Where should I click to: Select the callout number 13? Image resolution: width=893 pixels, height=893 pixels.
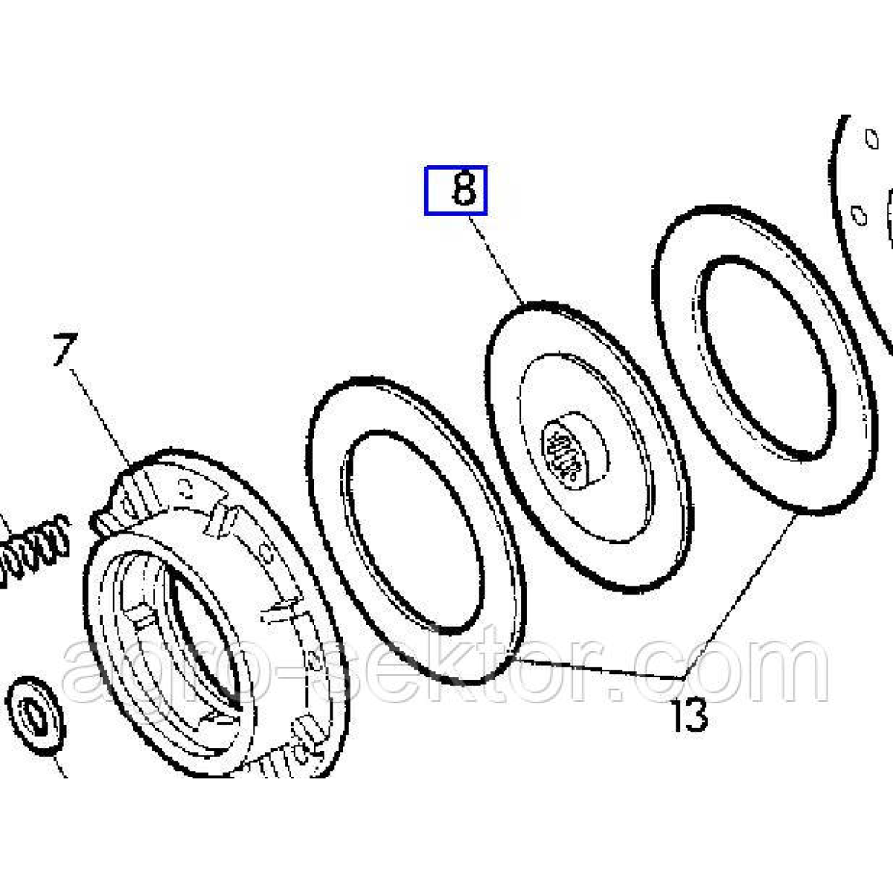(689, 715)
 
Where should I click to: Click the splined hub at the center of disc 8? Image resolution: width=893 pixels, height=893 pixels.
(574, 449)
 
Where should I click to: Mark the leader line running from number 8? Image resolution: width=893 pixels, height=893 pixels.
(496, 260)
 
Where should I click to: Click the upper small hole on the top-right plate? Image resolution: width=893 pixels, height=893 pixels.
(871, 138)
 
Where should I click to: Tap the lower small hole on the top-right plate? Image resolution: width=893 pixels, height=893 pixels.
(859, 215)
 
